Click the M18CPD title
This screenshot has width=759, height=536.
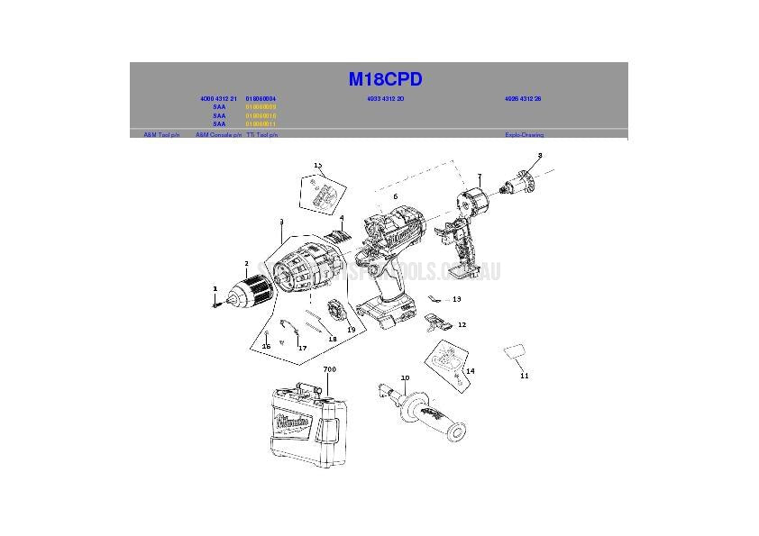[x=385, y=79]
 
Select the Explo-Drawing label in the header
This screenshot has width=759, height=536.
[x=524, y=135]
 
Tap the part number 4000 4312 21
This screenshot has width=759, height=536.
[x=218, y=98]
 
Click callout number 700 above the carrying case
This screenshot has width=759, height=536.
[x=329, y=369]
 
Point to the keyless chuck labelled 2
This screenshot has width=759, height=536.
[x=252, y=290]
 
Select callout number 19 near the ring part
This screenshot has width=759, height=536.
[x=351, y=330]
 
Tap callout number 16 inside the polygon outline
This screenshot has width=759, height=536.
[x=267, y=346]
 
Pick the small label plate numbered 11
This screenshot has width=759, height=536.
[x=515, y=353]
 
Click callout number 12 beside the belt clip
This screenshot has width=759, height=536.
[x=462, y=324]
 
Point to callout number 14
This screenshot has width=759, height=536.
[x=470, y=370]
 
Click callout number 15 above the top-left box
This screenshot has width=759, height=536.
[x=317, y=165]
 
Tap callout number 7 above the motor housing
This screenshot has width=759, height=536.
[x=480, y=177]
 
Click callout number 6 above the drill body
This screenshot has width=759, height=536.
[x=394, y=195]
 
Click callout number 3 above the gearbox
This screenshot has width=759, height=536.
[x=281, y=222]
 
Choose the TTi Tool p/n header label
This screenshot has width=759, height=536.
[x=261, y=135]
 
